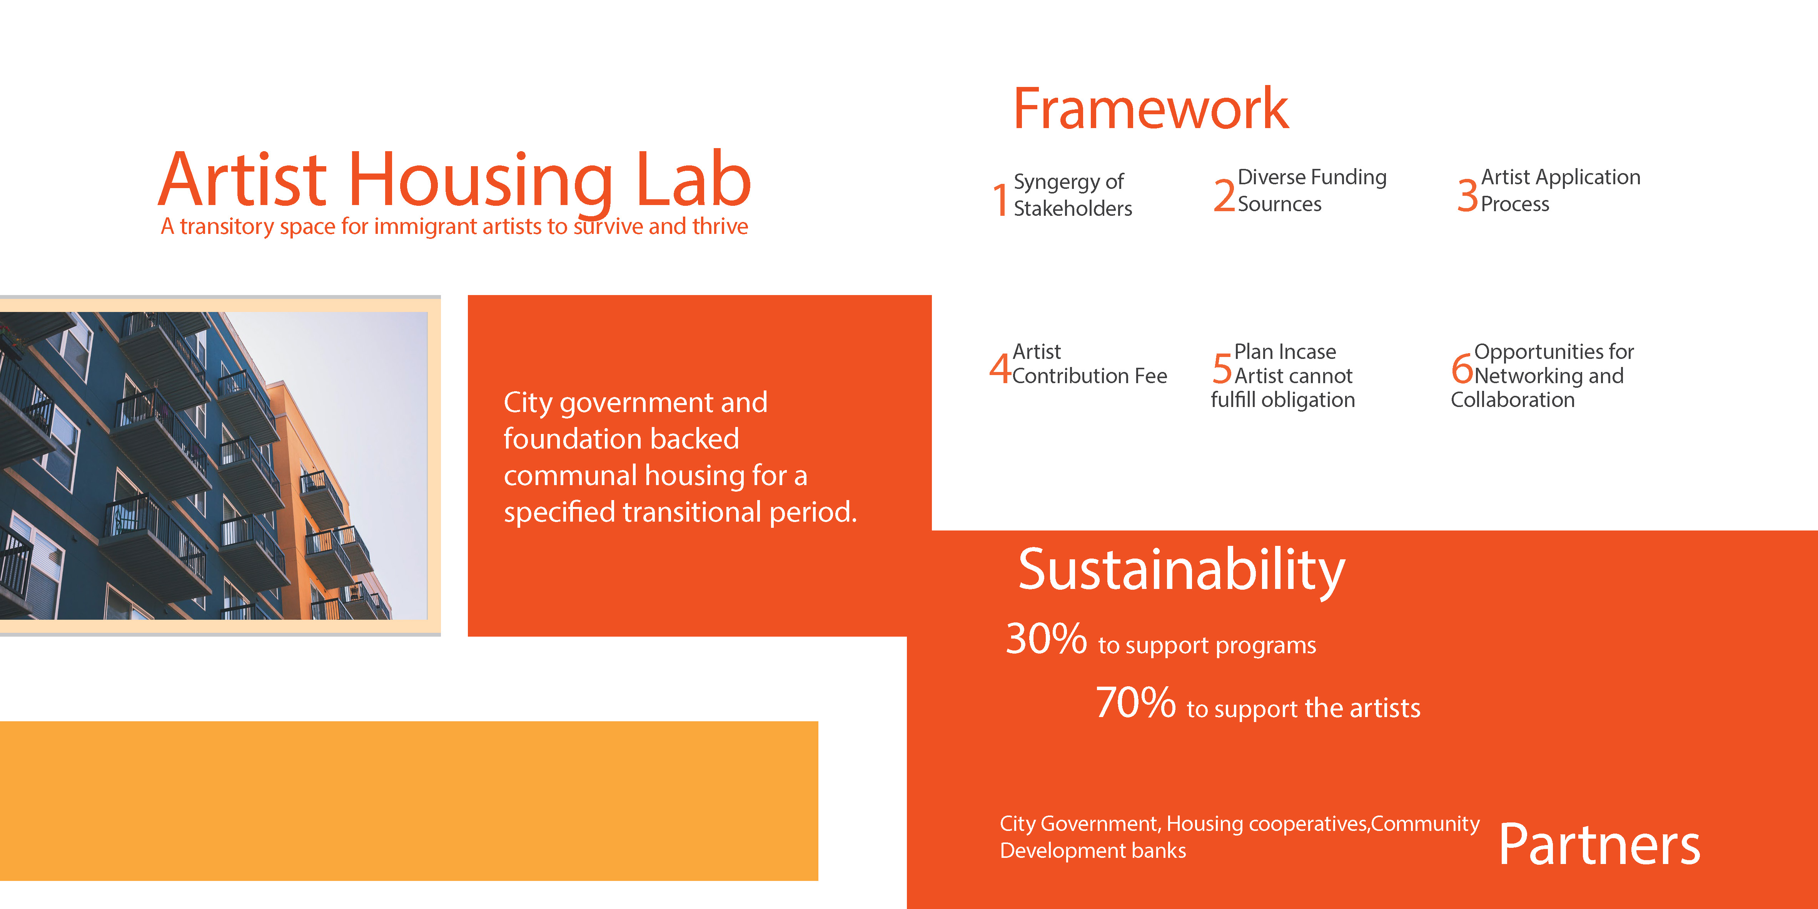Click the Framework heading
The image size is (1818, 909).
click(x=1150, y=109)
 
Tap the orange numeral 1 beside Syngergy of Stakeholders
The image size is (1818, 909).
click(x=1000, y=199)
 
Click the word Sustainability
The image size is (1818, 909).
click(x=1182, y=570)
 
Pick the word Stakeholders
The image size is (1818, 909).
click(x=1073, y=208)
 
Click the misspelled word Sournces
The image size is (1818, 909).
click(x=1279, y=204)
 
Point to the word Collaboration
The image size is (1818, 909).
click(x=1512, y=399)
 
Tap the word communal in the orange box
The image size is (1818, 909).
click(x=570, y=476)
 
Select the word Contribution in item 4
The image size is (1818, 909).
click(x=1070, y=375)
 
